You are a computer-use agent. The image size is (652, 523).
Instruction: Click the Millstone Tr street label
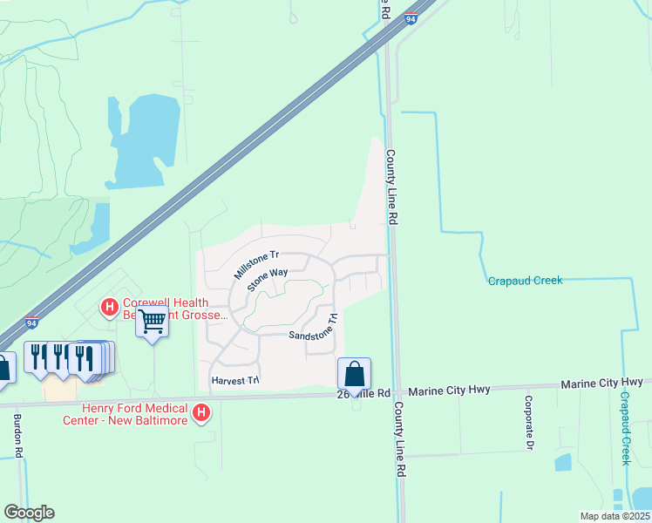[x=255, y=265]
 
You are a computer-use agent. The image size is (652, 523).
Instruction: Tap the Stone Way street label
[x=267, y=280]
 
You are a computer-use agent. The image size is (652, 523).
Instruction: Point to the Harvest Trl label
[x=235, y=381]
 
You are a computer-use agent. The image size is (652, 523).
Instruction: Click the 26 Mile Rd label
[x=365, y=393]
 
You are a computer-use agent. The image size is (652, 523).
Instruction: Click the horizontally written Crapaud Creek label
[x=525, y=281]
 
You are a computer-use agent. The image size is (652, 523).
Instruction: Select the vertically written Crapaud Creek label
[x=625, y=427]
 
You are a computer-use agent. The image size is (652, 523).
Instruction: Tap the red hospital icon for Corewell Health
[x=110, y=306]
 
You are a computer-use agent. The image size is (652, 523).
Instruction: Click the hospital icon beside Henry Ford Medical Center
[x=201, y=411]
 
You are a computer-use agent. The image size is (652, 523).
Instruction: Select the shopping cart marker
[x=153, y=323]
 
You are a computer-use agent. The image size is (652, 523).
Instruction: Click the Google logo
[x=29, y=513]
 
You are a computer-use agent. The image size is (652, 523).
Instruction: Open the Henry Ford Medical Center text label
[x=125, y=413]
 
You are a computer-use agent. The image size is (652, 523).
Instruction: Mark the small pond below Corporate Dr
[x=562, y=463]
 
